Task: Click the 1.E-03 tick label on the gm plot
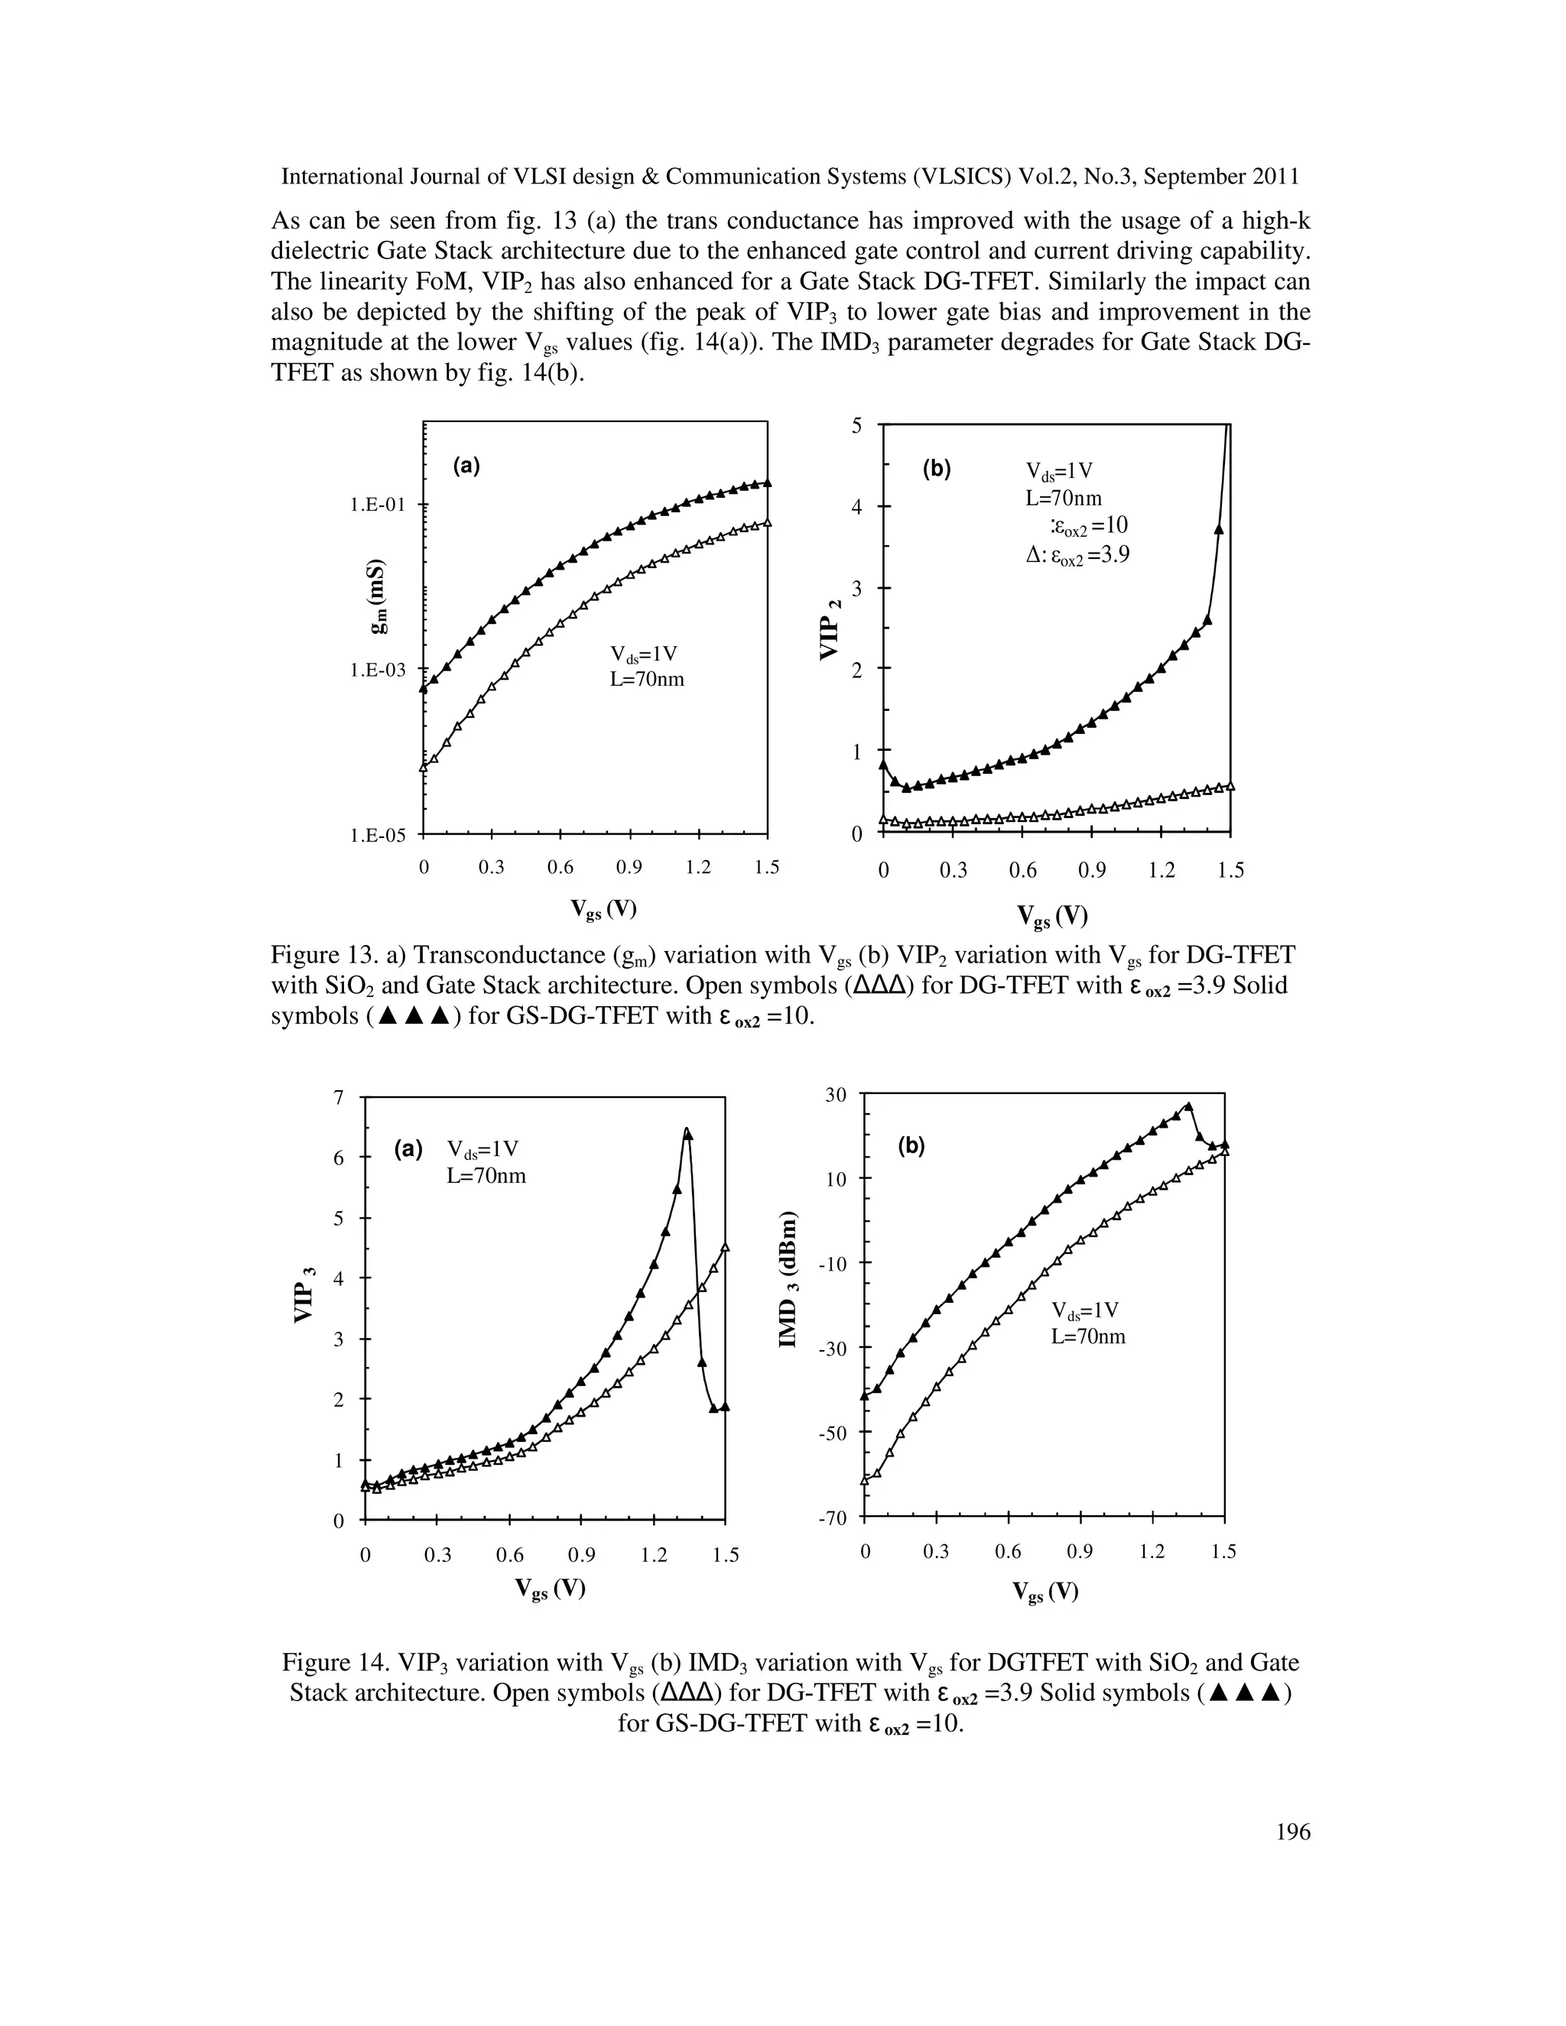coord(378,669)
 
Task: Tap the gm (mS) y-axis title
coord(378,597)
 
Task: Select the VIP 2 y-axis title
coord(831,628)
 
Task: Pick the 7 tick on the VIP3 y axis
coord(339,1097)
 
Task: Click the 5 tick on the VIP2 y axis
coord(856,426)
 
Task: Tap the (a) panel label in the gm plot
coord(466,466)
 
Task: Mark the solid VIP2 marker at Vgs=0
coord(883,765)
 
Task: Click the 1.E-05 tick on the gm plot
coord(378,836)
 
